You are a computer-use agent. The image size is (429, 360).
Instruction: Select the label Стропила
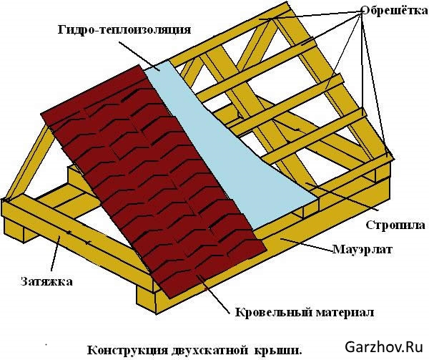click(x=395, y=225)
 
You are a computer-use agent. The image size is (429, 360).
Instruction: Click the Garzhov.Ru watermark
click(x=385, y=347)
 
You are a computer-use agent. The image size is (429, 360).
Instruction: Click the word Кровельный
click(x=265, y=313)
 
